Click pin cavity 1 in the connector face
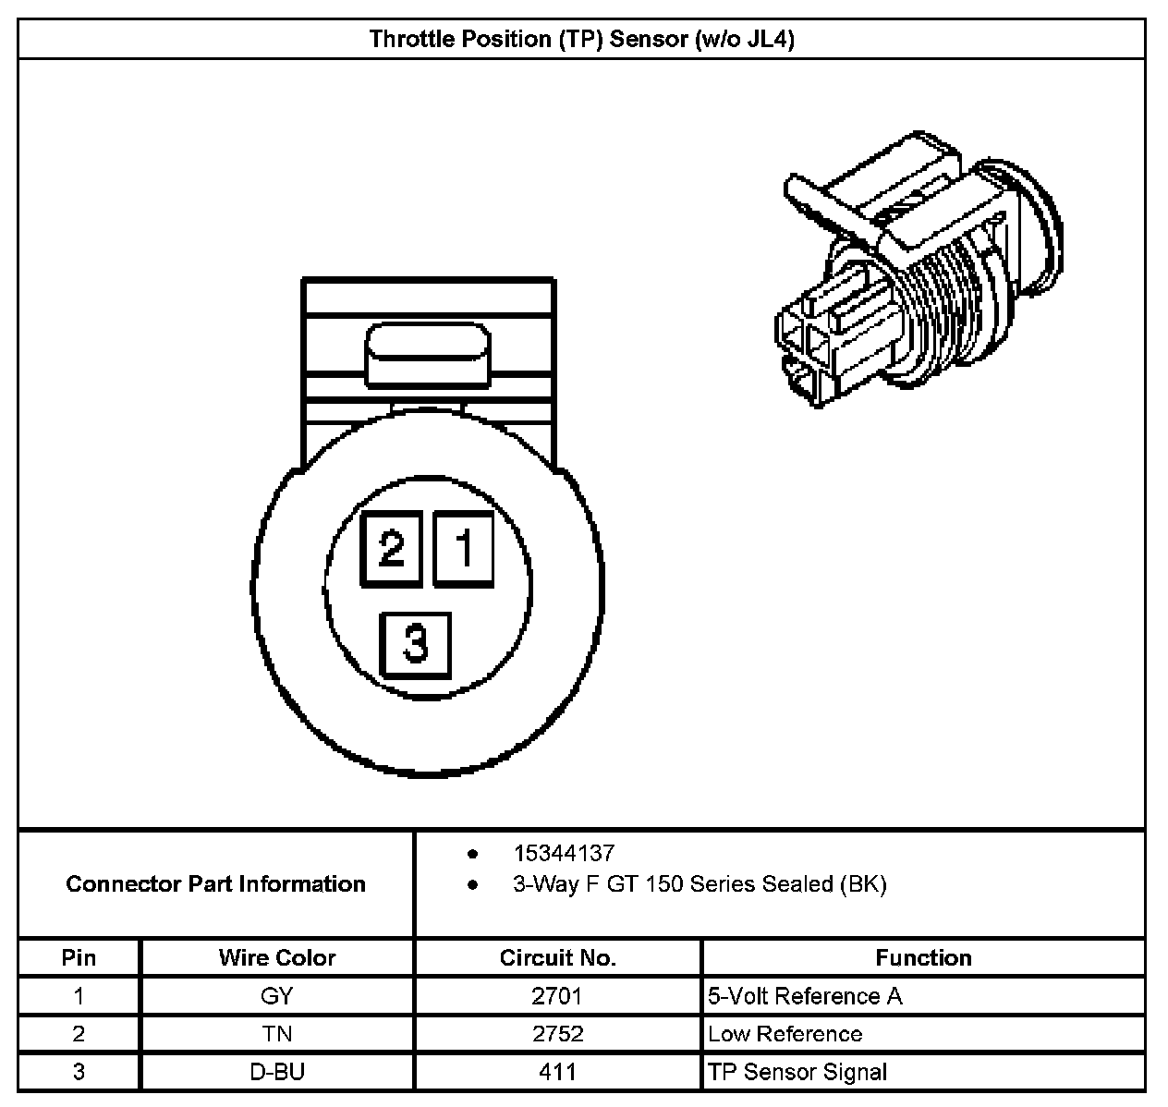464,549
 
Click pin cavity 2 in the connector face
391,549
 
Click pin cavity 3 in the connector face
416,644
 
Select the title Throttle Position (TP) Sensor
582,39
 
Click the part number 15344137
564,853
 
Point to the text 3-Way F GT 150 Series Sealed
700,884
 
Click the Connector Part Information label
216,884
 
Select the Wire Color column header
277,957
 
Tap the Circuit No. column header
557,957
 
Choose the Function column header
923,957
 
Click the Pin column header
79,957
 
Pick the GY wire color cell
277,996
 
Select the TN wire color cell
277,1034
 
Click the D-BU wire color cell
277,1072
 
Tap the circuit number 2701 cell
557,996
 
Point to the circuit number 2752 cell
557,1034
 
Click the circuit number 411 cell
557,1072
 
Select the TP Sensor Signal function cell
797,1072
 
